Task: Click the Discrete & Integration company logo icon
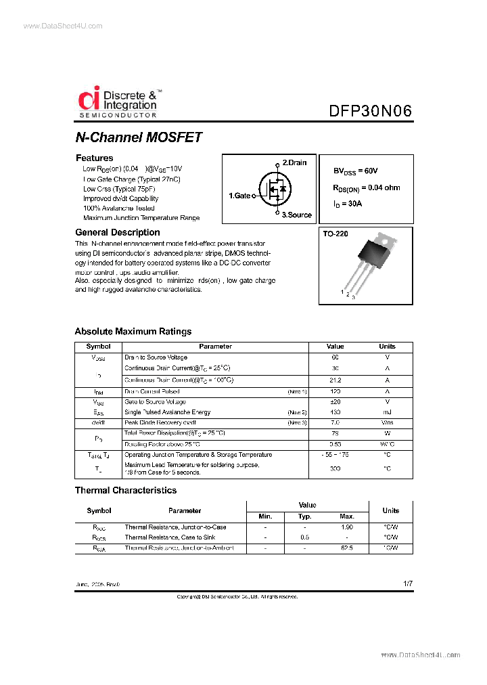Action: click(x=89, y=100)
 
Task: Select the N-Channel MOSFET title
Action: click(x=139, y=137)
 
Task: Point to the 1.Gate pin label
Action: click(x=239, y=196)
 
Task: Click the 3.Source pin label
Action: click(x=296, y=215)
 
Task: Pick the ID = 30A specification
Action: click(x=347, y=203)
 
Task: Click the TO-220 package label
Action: click(x=335, y=233)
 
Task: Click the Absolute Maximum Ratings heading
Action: click(x=133, y=332)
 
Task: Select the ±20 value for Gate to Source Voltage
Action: click(x=335, y=401)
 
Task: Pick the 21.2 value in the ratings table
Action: click(x=335, y=380)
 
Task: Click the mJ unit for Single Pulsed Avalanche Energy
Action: click(x=388, y=412)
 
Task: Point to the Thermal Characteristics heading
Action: click(x=125, y=490)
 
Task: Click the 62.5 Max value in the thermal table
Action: click(x=347, y=548)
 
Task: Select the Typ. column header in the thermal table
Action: click(x=304, y=517)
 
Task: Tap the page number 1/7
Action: click(x=406, y=583)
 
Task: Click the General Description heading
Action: click(x=117, y=232)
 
